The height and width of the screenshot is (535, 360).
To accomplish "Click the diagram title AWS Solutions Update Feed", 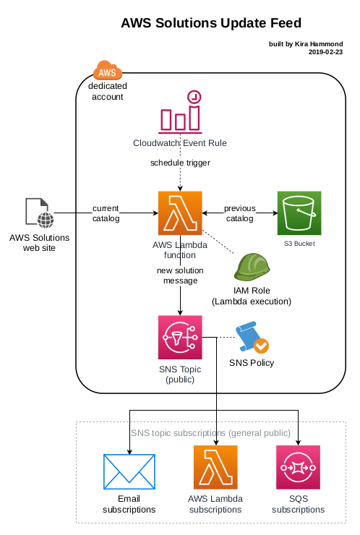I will tap(210, 24).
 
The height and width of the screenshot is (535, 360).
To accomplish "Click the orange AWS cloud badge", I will tap(108, 71).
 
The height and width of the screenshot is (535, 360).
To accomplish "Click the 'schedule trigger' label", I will tap(180, 163).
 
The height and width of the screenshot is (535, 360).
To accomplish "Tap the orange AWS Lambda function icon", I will tap(180, 213).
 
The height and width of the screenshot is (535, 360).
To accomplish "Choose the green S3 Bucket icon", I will tap(299, 213).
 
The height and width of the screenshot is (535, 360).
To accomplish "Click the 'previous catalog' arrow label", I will tap(239, 213).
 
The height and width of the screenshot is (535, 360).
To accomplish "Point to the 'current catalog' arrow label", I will tap(106, 213).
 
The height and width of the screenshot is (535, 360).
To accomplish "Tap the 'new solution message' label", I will tap(180, 275).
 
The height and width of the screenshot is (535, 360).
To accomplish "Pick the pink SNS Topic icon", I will tap(180, 337).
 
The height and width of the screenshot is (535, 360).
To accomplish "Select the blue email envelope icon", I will tap(129, 472).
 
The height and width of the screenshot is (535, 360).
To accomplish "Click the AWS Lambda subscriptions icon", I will tap(215, 467).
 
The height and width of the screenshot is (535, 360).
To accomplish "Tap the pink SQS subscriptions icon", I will tap(299, 467).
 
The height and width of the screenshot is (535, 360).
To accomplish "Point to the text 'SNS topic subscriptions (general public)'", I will tap(210, 433).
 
